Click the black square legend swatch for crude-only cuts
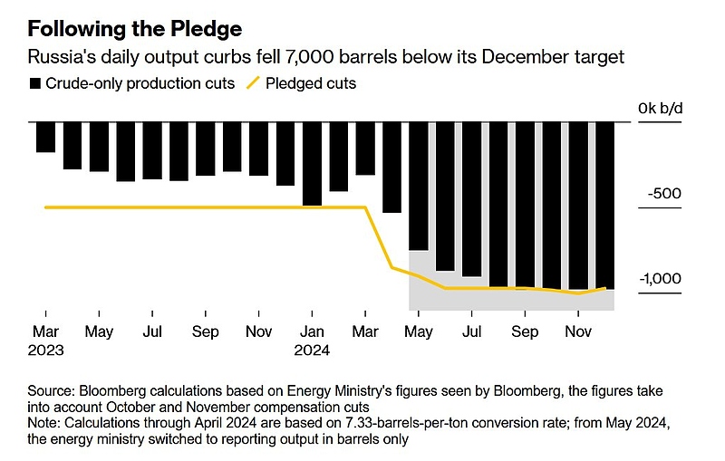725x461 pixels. pyautogui.click(x=35, y=83)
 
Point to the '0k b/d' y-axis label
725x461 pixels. pyautogui.click(x=663, y=110)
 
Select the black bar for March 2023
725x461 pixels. pyautogui.click(x=45, y=137)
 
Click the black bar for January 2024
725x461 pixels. pyautogui.click(x=312, y=163)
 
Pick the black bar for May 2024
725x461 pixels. pyautogui.click(x=419, y=186)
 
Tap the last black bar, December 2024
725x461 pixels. pyautogui.click(x=605, y=205)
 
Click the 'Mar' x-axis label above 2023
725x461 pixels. pyautogui.click(x=45, y=331)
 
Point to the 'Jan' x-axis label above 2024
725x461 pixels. pyautogui.click(x=313, y=331)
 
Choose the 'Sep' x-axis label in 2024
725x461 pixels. pyautogui.click(x=526, y=331)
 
